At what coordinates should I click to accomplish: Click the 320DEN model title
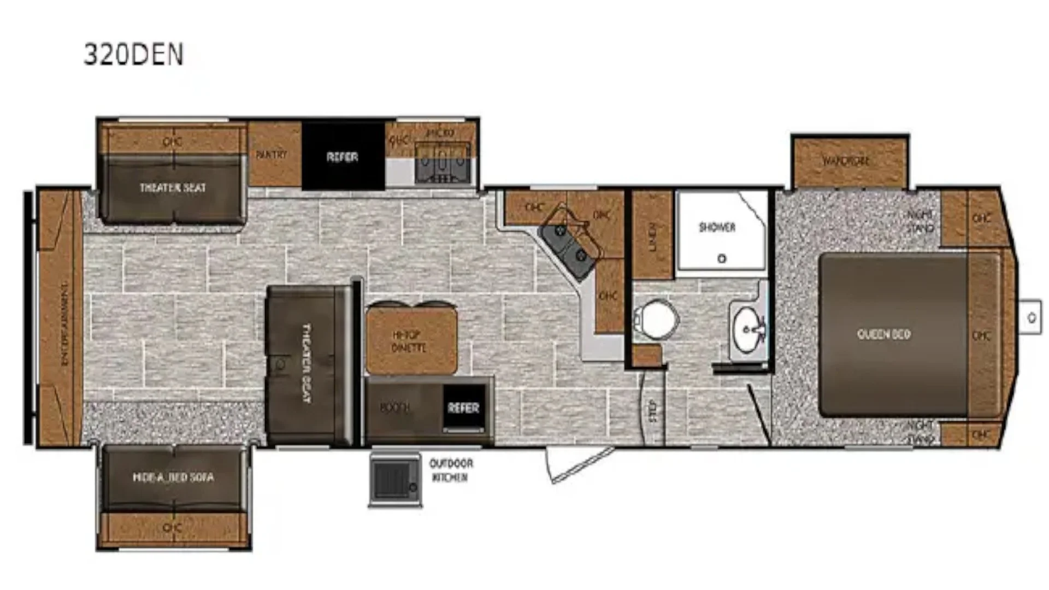coord(133,55)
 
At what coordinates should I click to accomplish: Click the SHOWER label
coord(717,227)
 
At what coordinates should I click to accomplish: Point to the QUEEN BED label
coord(883,334)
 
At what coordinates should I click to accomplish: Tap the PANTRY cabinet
coord(272,155)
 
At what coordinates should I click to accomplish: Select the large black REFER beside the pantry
coord(343,157)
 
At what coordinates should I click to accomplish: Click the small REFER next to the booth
coord(463,408)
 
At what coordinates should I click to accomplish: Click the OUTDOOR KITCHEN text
coord(451,470)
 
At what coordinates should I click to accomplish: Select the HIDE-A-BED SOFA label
coord(173,477)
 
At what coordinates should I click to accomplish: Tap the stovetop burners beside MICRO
coord(443,163)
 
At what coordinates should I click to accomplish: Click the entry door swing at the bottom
coord(579,464)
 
